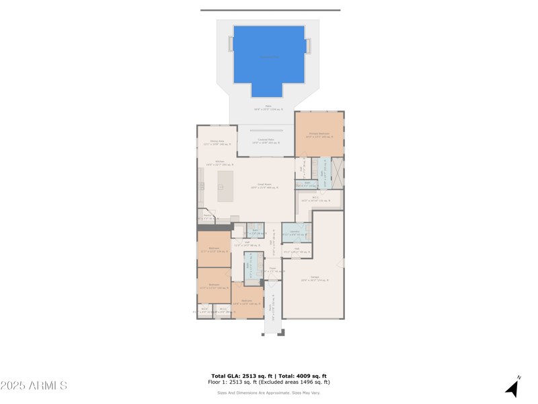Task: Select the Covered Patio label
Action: (266, 141)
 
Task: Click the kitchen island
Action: (225, 186)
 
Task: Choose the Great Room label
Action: (264, 185)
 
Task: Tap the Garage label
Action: (314, 278)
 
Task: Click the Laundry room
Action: (295, 233)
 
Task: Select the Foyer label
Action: (272, 269)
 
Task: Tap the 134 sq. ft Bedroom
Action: (214, 250)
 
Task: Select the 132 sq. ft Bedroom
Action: (214, 286)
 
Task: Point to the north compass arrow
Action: (513, 387)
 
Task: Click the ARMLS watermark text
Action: (34, 386)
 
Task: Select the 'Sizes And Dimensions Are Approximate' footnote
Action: (268, 393)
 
